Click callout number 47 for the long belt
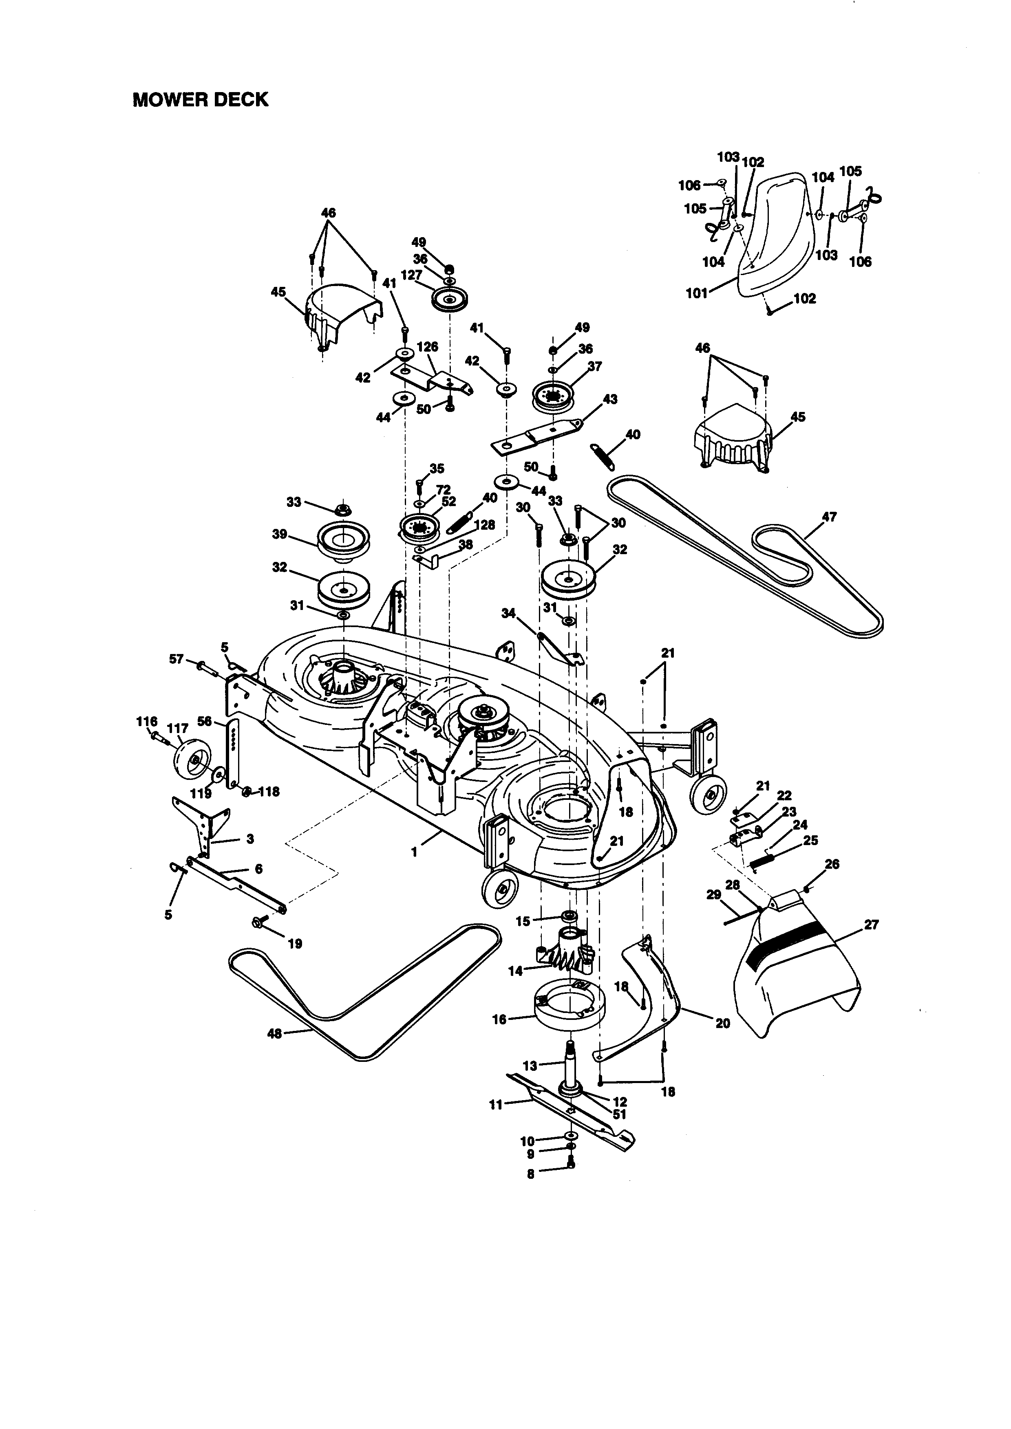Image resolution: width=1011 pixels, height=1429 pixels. pyautogui.click(x=829, y=517)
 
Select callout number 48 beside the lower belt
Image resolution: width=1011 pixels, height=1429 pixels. pyautogui.click(x=274, y=1034)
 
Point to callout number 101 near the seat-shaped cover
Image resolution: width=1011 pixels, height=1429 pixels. pyautogui.click(x=697, y=293)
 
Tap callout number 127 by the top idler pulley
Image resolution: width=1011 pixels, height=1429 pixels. pyautogui.click(x=412, y=275)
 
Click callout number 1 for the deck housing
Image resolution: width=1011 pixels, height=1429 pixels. pyautogui.click(x=415, y=853)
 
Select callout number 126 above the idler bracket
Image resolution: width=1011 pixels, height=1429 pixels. pyautogui.click(x=427, y=347)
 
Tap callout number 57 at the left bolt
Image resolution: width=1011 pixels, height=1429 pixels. pyautogui.click(x=177, y=658)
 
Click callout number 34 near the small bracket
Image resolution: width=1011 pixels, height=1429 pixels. pyautogui.click(x=509, y=614)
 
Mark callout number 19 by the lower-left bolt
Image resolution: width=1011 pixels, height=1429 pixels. pyautogui.click(x=295, y=944)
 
